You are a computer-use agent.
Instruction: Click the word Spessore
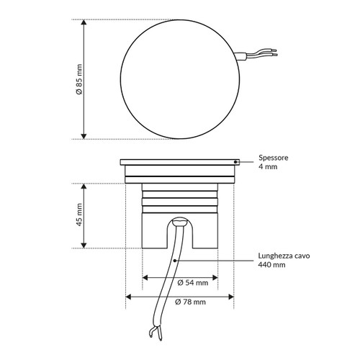274,157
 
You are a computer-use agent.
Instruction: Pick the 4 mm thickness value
267,166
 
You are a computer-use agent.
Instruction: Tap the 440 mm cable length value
271,265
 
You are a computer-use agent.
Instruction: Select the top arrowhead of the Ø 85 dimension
85,23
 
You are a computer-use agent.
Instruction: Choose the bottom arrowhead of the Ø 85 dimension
85,135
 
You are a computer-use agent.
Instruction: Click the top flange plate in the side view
180,162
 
